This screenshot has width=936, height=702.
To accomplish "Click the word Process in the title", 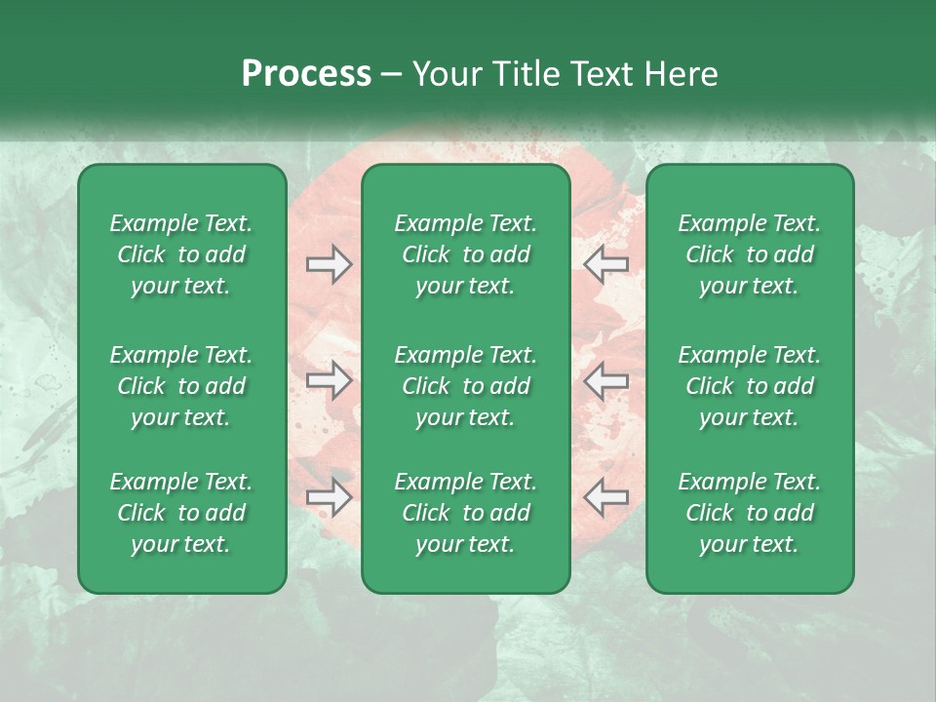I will (x=306, y=74).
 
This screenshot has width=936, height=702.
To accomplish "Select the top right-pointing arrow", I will (x=329, y=264).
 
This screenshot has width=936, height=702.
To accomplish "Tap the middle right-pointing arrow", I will (x=329, y=380).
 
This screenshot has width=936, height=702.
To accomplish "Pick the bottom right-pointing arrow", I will (x=329, y=497).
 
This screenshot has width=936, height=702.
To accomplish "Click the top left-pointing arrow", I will (x=605, y=264).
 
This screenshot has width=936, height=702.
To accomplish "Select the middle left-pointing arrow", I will (x=605, y=380).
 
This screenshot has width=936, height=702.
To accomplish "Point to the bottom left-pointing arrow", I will (x=605, y=497).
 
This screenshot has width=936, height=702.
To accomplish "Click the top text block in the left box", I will (x=181, y=254).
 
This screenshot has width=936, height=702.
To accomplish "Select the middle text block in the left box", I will (x=181, y=386).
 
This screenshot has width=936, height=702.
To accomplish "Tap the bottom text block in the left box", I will (x=181, y=513).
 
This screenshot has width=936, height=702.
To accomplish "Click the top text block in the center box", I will (x=465, y=254).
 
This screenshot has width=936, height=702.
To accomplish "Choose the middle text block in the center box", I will (x=465, y=386).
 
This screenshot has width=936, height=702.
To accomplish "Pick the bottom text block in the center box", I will (x=465, y=513).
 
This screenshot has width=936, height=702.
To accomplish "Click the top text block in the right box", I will (x=749, y=254).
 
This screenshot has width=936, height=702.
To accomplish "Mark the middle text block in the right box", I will (x=749, y=386).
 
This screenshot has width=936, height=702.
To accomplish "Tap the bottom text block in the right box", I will (x=749, y=513).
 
